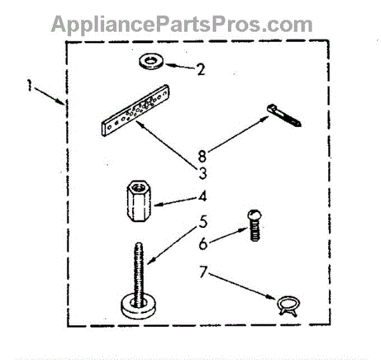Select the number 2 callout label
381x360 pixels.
pos(201,68)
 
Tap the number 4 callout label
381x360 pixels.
pos(202,199)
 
